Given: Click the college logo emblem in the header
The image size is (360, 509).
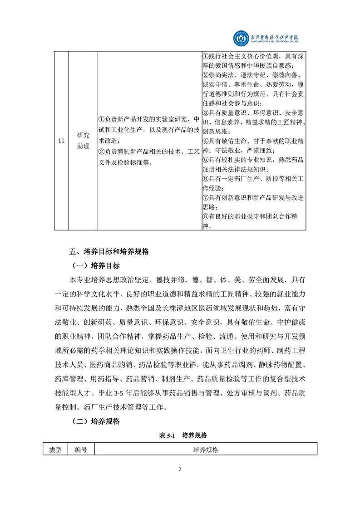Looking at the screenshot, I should coord(241,38).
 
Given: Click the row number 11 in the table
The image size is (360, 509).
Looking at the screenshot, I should coord(61,141).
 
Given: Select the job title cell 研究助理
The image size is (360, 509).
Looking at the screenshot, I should coord(83,141).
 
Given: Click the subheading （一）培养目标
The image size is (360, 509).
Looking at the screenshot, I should coord(95,265).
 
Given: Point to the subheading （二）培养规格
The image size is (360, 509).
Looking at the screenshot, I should coord(95,421).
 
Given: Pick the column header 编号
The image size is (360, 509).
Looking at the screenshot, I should coord(81,450).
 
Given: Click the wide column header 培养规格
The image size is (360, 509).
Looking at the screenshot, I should coord(206,450).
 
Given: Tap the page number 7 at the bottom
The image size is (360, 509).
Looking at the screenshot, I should coord(180,469).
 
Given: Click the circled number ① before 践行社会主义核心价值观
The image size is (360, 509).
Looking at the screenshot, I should coord(205,56).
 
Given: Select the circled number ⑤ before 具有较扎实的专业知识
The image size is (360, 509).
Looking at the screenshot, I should coord(205,160).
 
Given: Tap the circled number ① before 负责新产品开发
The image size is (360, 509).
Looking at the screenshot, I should coord(102,119).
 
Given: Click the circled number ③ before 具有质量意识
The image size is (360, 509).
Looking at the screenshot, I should coord(205,113).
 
